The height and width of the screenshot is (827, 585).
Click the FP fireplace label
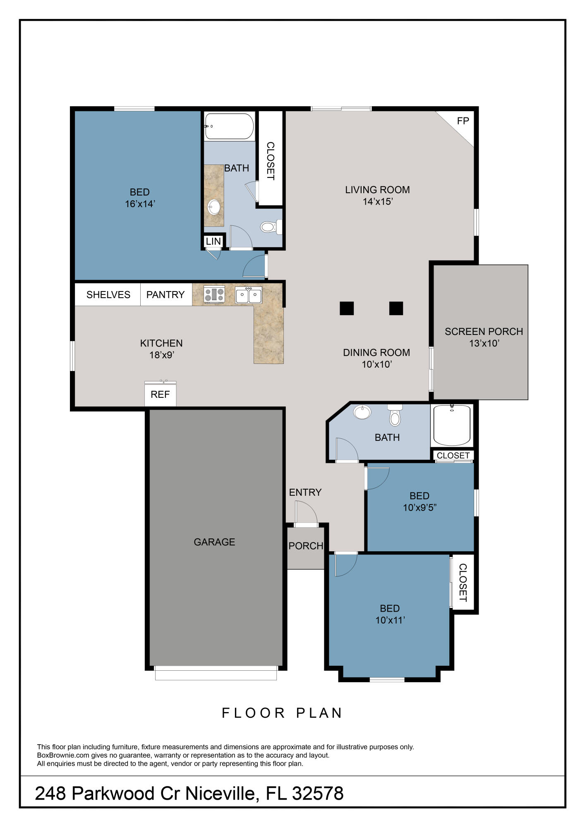pos(463,121)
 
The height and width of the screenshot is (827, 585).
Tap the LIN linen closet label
pos(213,241)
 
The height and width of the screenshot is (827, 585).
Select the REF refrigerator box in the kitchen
pos(160,394)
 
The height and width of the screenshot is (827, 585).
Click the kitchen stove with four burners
pos(214,294)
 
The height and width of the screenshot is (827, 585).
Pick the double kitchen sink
pos(248,295)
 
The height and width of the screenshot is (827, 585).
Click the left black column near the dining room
pos(347,308)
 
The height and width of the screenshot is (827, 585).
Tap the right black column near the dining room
pos(396,308)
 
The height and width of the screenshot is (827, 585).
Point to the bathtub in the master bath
pos(229,126)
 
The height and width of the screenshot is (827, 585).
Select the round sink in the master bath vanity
pos(214,207)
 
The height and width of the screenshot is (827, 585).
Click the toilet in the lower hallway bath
pos(395,416)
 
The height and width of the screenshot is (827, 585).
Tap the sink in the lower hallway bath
pos(362,412)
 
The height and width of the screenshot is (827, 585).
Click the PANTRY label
pos(165,294)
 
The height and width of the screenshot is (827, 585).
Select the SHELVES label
pos(108,294)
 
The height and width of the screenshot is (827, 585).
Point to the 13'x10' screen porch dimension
pos(484,343)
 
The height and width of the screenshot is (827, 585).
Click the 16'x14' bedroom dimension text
pos(140,204)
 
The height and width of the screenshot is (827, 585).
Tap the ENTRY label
pos(305,492)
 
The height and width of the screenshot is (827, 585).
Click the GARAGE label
pos(214,542)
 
